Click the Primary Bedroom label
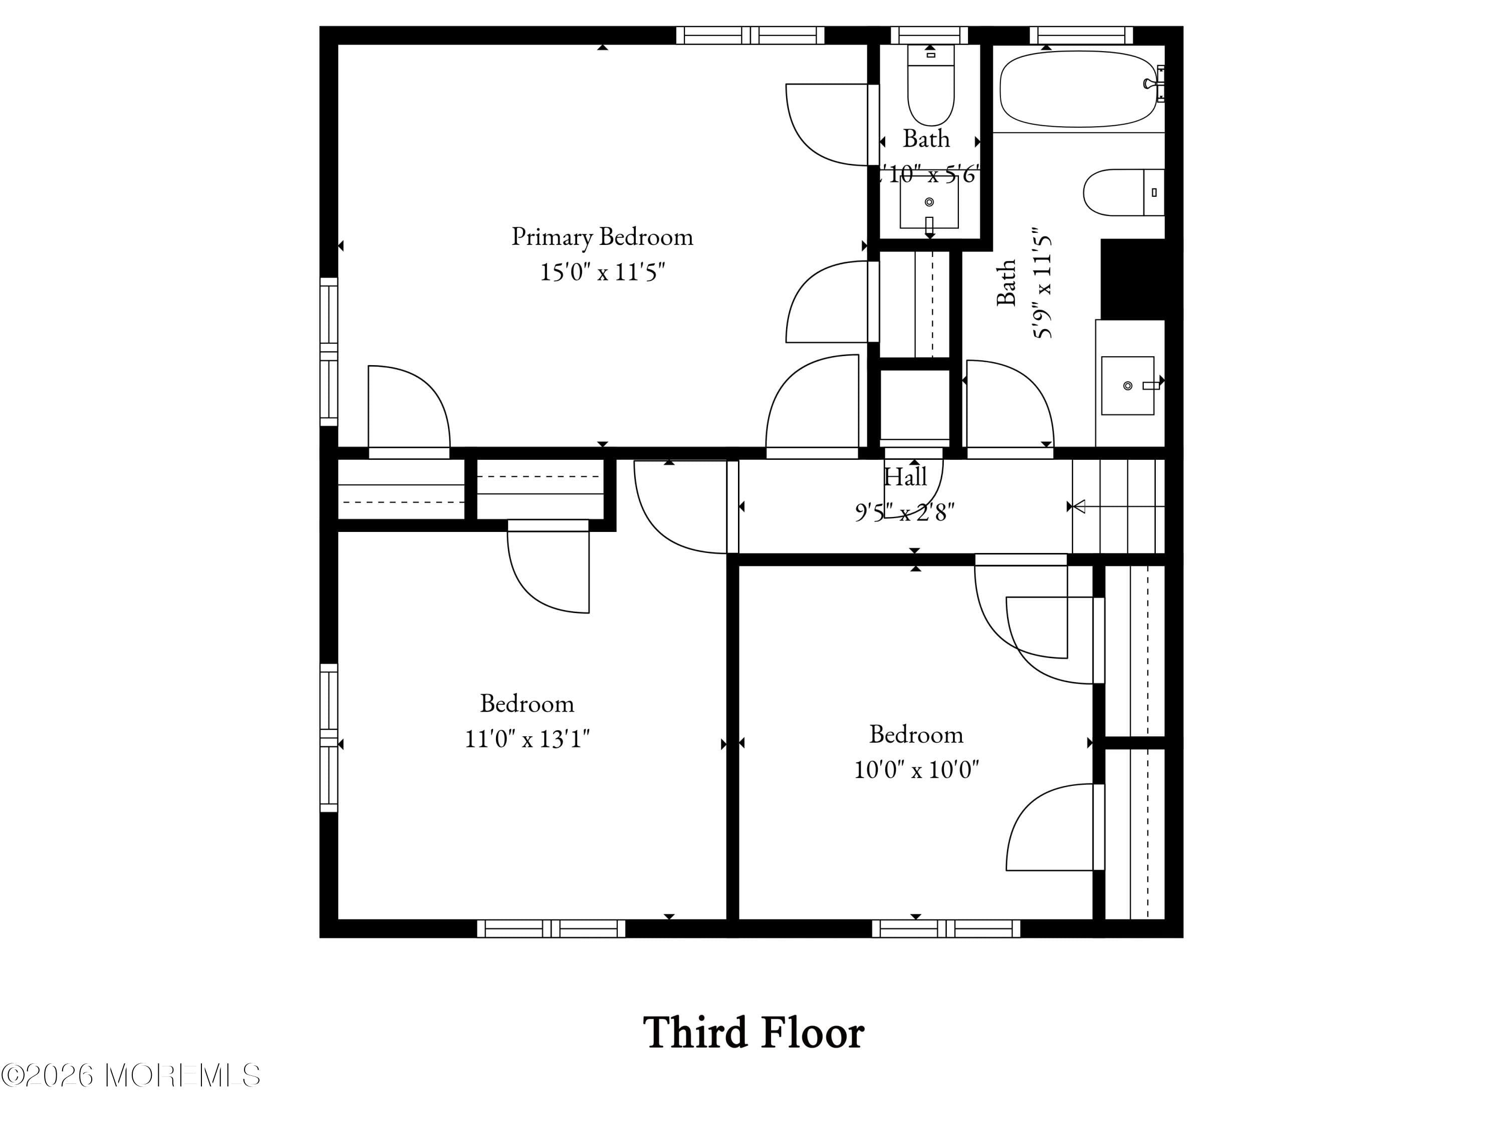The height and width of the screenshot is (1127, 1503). [x=602, y=237]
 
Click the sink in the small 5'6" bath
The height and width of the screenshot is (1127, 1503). [x=929, y=202]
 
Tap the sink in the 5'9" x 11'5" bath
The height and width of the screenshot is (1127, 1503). [x=1127, y=385]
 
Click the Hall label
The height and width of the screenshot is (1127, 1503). [x=905, y=477]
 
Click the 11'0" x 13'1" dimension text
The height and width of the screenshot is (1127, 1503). [x=527, y=738]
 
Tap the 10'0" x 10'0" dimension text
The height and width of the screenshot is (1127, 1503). [x=916, y=770]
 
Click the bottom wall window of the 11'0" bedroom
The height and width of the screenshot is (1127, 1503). [x=551, y=929]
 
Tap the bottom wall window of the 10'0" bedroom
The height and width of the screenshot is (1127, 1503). [x=946, y=929]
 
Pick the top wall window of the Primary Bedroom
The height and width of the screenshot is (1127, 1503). [x=750, y=36]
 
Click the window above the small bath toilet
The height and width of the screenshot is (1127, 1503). [x=929, y=36]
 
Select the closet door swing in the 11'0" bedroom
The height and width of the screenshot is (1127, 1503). [x=547, y=571]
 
